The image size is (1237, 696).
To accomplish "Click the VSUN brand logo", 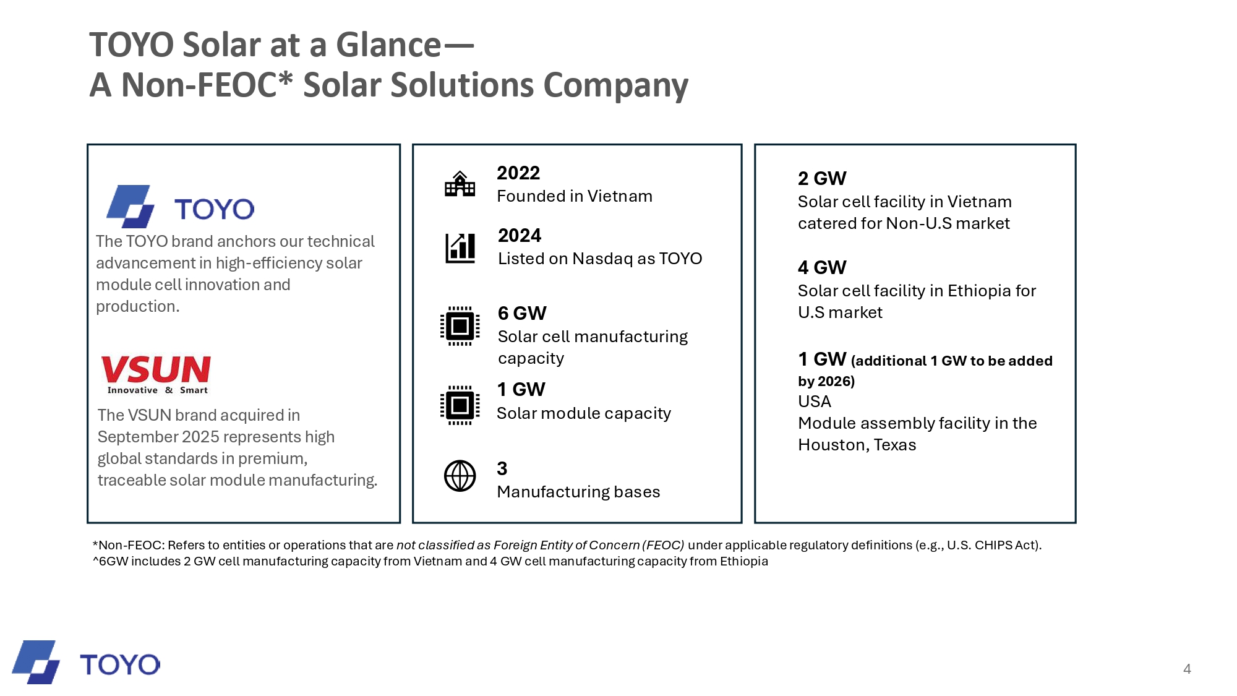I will (x=156, y=374).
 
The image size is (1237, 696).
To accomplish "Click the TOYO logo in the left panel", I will (x=180, y=207).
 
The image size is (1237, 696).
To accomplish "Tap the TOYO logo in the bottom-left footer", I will (x=86, y=663).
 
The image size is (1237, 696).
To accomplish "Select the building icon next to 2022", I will (x=460, y=184).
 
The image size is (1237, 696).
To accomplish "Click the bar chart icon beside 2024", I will (x=460, y=248).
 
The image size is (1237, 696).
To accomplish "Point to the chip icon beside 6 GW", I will (x=460, y=325).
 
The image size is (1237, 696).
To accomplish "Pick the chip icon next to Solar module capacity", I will (x=460, y=405).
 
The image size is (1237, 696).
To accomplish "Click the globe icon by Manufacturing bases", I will (x=460, y=476).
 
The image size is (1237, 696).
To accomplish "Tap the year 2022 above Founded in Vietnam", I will (x=518, y=173).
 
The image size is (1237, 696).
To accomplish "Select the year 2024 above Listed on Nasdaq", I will (x=520, y=236).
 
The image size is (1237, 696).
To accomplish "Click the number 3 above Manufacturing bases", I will (x=502, y=469).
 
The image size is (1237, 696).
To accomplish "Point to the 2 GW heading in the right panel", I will (x=821, y=179).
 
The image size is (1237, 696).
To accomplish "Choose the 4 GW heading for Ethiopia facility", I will (x=821, y=268).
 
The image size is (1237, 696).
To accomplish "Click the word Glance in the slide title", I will (x=388, y=45).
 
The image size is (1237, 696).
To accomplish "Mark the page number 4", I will (x=1187, y=669).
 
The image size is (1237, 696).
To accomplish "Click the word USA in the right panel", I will (x=814, y=402).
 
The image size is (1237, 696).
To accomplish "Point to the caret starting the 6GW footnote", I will (x=96, y=560).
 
